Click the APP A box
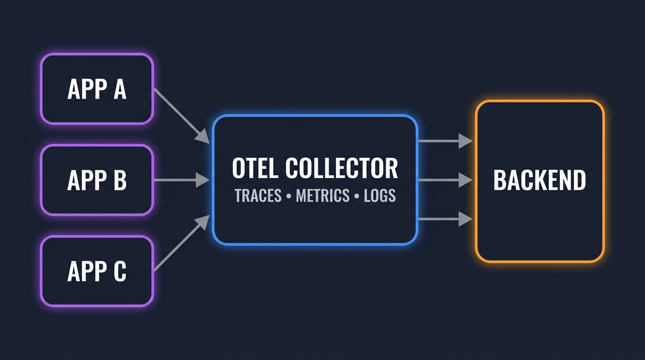pyautogui.click(x=97, y=89)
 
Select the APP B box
pyautogui.click(x=97, y=180)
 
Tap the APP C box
pyautogui.click(x=97, y=271)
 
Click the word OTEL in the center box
pyautogui.click(x=255, y=168)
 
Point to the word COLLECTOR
pyautogui.click(x=342, y=168)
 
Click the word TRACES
pyautogui.click(x=258, y=195)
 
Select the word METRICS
pyautogui.click(x=323, y=195)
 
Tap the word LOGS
pyautogui.click(x=380, y=195)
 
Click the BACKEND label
pyautogui.click(x=540, y=180)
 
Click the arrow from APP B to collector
pyautogui.click(x=182, y=180)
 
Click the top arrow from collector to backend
pyautogui.click(x=445, y=141)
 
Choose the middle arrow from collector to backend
pyautogui.click(x=445, y=180)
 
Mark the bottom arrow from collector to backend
pyautogui.click(x=445, y=219)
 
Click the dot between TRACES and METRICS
pyautogui.click(x=289, y=196)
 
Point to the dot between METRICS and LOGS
pyautogui.click(x=357, y=196)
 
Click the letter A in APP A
pyautogui.click(x=120, y=89)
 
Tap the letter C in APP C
pyautogui.click(x=120, y=271)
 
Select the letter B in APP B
pyautogui.click(x=120, y=180)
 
